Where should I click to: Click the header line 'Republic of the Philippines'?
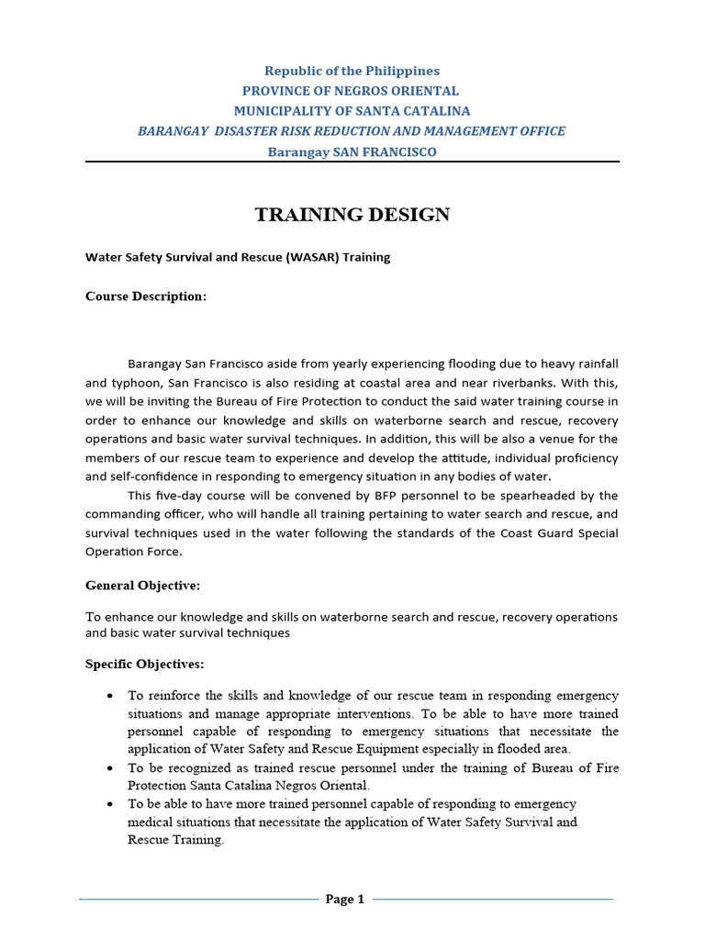click(352, 71)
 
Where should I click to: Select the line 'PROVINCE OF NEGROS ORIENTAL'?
click(352, 91)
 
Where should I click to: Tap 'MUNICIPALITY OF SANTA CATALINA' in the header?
click(352, 111)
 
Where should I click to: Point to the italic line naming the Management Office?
click(352, 131)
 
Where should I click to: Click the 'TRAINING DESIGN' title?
click(352, 215)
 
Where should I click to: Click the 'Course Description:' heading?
click(146, 297)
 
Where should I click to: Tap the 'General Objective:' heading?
click(142, 585)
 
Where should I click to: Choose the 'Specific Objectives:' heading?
click(145, 664)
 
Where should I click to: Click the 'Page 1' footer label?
click(345, 900)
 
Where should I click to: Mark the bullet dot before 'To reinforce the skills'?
click(109, 696)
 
